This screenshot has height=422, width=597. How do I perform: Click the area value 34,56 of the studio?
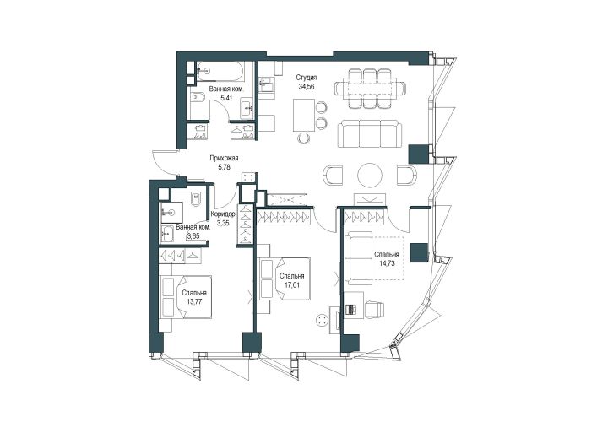tap(307, 86)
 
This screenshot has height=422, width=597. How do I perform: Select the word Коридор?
tap(223, 214)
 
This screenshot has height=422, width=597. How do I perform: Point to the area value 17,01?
tap(291, 284)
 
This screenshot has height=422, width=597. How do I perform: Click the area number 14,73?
tap(387, 262)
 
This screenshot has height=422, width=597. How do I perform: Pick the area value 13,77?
tap(194, 301)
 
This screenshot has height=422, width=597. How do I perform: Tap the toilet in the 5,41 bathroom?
tap(198, 97)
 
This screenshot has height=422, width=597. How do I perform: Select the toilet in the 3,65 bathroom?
tap(195, 198)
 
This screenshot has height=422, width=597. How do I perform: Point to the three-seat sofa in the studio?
tap(370, 133)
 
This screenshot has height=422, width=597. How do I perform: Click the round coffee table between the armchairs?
tap(370, 175)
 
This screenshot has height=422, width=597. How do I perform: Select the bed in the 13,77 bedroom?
tap(186, 297)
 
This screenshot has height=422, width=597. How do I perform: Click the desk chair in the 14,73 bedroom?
tap(376, 308)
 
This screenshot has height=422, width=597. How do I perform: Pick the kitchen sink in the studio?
tap(267, 85)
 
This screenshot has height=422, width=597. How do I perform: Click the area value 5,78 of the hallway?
tap(225, 166)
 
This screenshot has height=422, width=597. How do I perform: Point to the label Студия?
tap(307, 78)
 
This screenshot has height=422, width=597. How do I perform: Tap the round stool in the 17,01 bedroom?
tap(323, 320)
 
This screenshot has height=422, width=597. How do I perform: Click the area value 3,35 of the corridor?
tap(223, 223)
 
